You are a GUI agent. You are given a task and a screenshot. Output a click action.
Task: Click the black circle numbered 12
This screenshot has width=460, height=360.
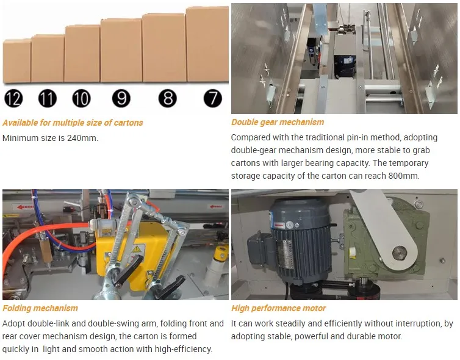(x=13, y=98)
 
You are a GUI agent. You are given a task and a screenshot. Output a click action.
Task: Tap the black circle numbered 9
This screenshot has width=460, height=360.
(x=121, y=98)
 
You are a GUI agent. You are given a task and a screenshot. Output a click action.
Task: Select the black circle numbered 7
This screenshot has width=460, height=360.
(x=212, y=98)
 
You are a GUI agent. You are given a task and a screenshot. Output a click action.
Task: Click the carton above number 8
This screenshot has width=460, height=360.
(x=164, y=48)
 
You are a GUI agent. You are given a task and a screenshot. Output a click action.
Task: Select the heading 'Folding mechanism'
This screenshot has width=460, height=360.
(x=40, y=308)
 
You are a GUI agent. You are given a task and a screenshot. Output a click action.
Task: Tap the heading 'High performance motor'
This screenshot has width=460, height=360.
(x=278, y=308)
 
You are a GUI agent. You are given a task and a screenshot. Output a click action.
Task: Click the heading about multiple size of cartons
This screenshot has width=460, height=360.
(x=73, y=123)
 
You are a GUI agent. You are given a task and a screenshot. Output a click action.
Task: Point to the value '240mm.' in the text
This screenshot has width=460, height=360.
(x=84, y=138)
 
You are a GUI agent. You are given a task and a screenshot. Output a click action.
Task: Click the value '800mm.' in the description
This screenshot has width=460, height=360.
(x=404, y=176)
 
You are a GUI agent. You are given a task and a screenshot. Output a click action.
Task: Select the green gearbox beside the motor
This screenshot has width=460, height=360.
(x=378, y=244)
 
